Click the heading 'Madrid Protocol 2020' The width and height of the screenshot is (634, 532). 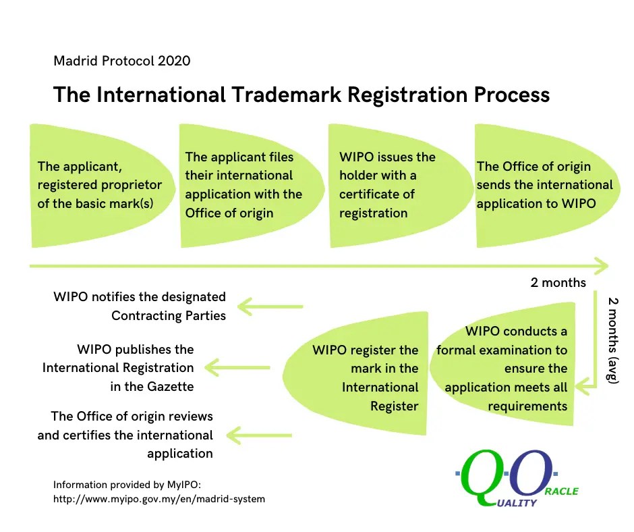pos(122,61)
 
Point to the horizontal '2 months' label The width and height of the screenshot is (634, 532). pos(558,282)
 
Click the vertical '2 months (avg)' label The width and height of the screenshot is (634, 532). pos(613,340)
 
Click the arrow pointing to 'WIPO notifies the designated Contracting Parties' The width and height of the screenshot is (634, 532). pos(270,307)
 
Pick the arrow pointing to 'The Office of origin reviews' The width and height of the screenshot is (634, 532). pos(260,435)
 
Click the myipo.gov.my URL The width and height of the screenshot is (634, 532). pos(158,499)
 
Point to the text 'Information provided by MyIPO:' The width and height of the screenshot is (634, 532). pos(127,485)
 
